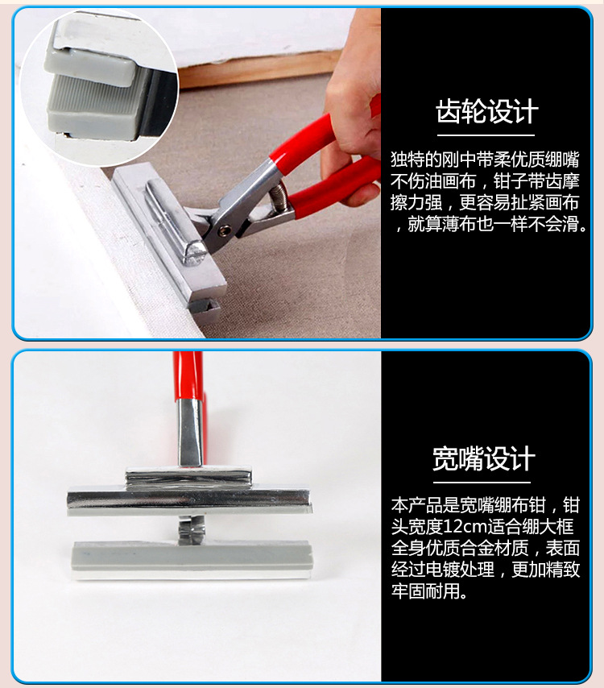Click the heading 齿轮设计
(486, 111)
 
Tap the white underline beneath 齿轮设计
(486, 135)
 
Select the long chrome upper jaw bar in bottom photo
(190, 499)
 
